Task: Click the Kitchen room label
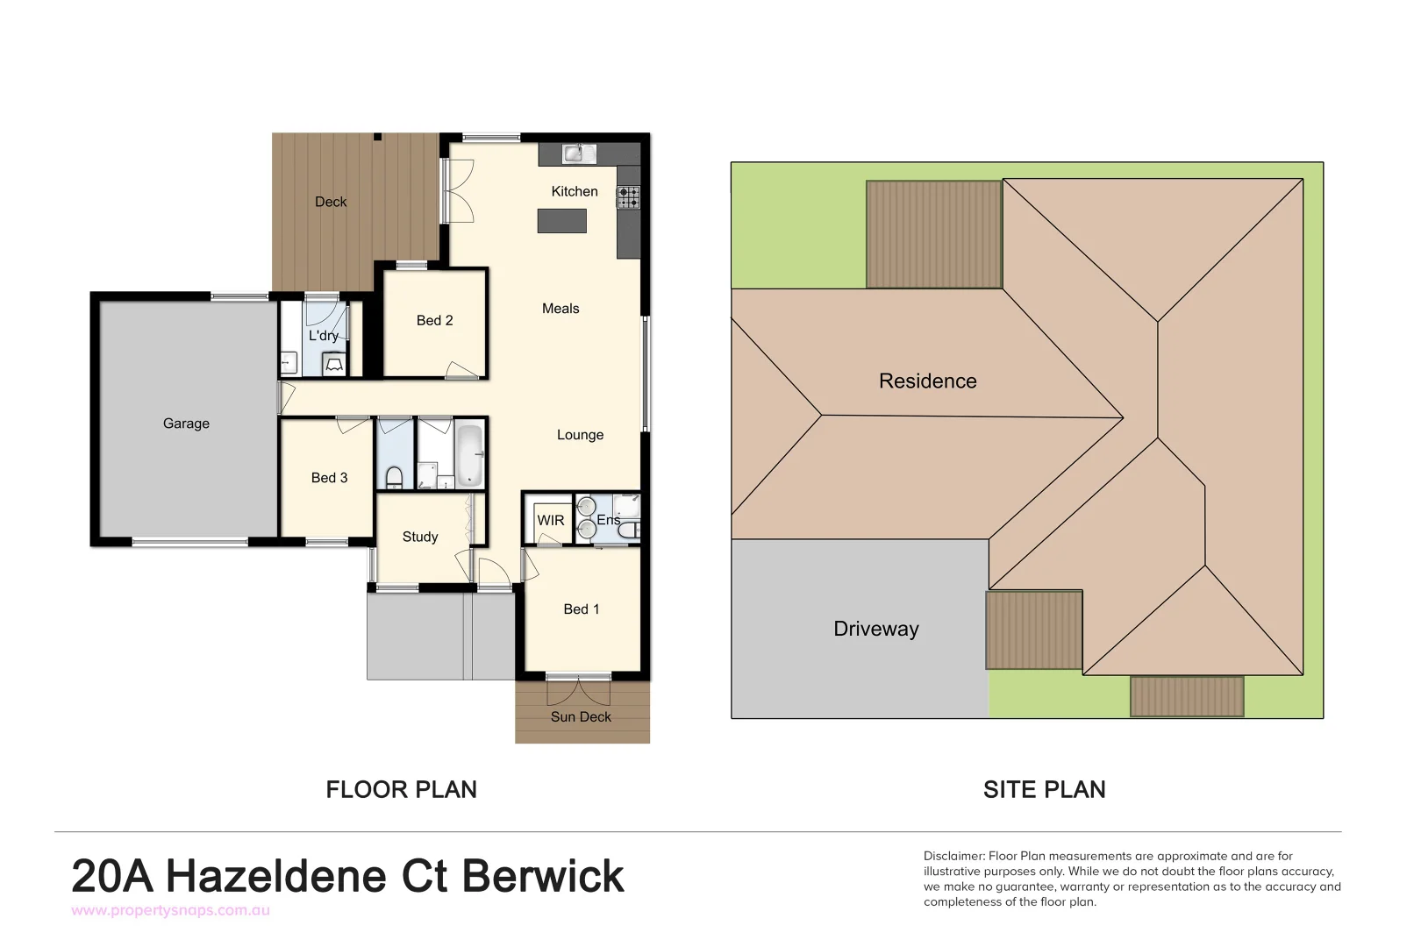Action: pyautogui.click(x=574, y=191)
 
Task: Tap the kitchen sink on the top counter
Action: pyautogui.click(x=575, y=153)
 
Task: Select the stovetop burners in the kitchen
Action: pyautogui.click(x=628, y=197)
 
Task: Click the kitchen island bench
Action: pyautogui.click(x=562, y=220)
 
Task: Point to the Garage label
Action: pyautogui.click(x=186, y=424)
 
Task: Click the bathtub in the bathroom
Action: pyautogui.click(x=469, y=454)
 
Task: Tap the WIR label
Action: pyautogui.click(x=550, y=520)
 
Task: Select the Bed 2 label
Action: pyautogui.click(x=434, y=321)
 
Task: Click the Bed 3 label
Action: pyautogui.click(x=329, y=478)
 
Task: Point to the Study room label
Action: pyautogui.click(x=419, y=537)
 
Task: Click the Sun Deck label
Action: pyautogui.click(x=581, y=716)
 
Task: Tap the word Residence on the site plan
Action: pyautogui.click(x=927, y=381)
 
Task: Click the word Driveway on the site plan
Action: pyautogui.click(x=875, y=629)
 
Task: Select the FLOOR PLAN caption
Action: pyautogui.click(x=401, y=789)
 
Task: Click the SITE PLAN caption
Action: pyautogui.click(x=1044, y=789)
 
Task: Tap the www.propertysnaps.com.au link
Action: pyautogui.click(x=170, y=910)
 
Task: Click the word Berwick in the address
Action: pyautogui.click(x=542, y=876)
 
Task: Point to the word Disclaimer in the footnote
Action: pyautogui.click(x=953, y=856)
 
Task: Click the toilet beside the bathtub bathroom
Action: pyautogui.click(x=394, y=476)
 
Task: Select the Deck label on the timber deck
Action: pyautogui.click(x=331, y=202)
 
